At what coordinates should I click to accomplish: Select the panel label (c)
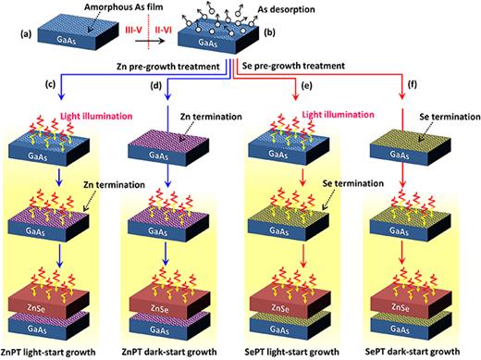click(13, 88)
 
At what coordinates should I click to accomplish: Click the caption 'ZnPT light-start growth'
click(56, 352)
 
